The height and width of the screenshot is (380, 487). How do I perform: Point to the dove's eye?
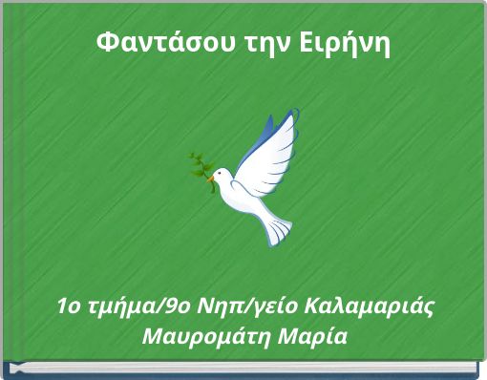(219, 173)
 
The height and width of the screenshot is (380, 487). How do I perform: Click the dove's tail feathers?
(278, 228)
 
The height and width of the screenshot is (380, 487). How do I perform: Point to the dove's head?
(221, 175)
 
